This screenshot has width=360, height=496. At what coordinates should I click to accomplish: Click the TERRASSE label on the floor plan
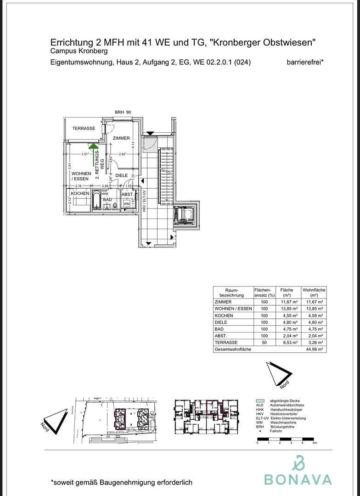pos(84,129)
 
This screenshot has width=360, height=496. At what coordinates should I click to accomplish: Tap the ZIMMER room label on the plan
pos(121,138)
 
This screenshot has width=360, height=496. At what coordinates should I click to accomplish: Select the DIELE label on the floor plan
pos(121,175)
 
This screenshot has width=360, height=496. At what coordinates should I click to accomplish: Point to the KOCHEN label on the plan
pos(80,194)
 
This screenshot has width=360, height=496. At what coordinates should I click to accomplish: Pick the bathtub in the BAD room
pos(96,201)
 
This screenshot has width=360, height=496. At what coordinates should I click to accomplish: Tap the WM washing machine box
pos(126,203)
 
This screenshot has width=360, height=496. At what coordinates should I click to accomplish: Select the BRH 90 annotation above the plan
pos(123,113)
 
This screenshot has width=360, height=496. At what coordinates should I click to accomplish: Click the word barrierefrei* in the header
pos(305,62)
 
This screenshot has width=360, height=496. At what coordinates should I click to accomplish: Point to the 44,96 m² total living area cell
pos(314,349)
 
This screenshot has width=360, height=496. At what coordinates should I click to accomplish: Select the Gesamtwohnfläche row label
pos(233,349)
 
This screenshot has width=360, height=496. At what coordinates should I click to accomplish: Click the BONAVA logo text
pos(298,479)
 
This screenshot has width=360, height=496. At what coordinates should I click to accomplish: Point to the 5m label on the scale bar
pos(315,443)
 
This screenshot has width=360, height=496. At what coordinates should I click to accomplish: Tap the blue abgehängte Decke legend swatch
pos(260,401)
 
